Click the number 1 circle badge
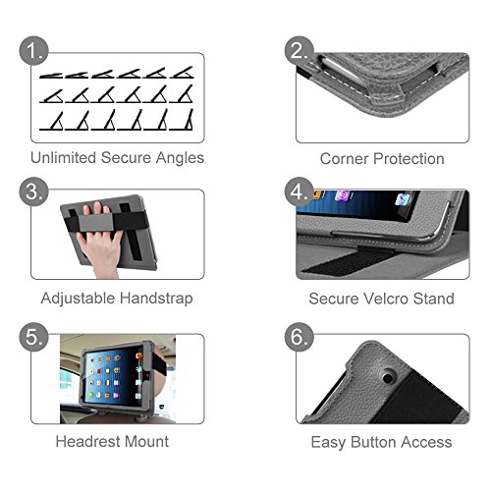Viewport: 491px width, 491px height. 34,51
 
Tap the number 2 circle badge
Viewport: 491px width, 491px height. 300,51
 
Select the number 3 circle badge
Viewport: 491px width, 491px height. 34,191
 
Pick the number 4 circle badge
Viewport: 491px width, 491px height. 300,191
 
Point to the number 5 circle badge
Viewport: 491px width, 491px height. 34,337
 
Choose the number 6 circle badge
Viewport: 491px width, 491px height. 300,337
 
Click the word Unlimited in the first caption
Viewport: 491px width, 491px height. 63,157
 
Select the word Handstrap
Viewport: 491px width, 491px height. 156,299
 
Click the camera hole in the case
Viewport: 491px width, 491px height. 388,378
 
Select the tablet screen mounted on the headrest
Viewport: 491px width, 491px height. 113,376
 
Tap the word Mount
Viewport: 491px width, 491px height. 147,441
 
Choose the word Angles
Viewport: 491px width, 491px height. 180,158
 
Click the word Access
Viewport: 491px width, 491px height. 426,442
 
